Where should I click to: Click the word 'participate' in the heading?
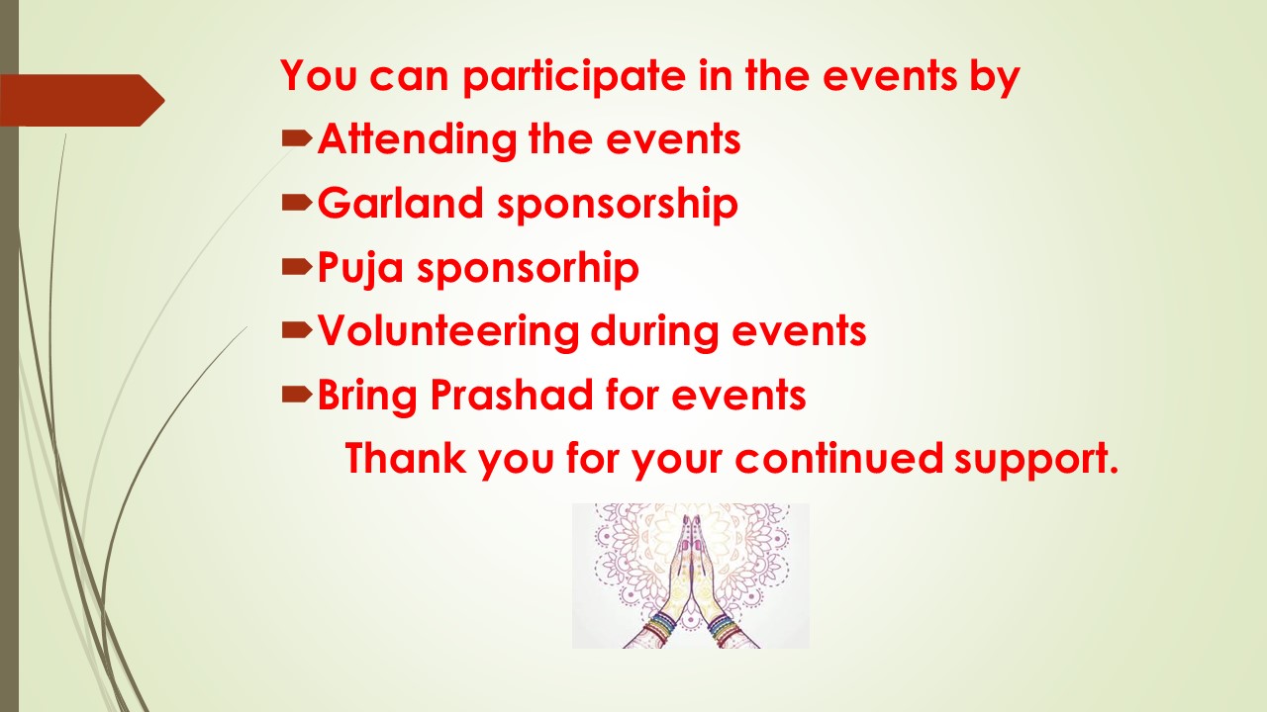(574, 77)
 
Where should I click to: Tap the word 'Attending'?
(418, 140)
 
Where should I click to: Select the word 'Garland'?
(401, 203)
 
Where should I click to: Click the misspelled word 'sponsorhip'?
(529, 268)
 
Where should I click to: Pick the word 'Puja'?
(360, 268)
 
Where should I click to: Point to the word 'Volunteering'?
(448, 331)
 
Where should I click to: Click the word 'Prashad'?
(512, 395)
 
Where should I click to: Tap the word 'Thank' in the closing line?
(406, 458)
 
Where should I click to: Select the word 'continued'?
(839, 458)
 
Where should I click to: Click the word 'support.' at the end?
(1036, 461)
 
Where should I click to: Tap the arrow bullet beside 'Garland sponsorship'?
(297, 203)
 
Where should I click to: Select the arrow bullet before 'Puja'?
(297, 267)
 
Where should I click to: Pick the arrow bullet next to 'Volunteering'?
(297, 330)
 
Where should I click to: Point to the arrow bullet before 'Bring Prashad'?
(297, 395)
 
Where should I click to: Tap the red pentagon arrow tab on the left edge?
(82, 101)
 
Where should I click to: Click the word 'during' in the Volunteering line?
(655, 331)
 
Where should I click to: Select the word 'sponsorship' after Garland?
(618, 205)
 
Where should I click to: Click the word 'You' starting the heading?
(319, 76)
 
